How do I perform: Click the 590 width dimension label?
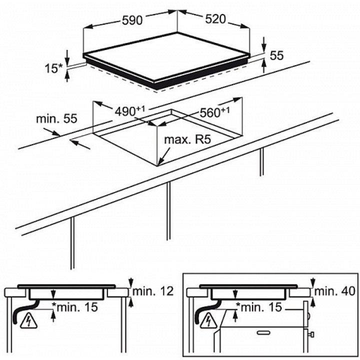coord(132,20)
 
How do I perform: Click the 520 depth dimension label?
coord(215,19)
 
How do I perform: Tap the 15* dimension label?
coord(53,68)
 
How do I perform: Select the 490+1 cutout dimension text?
coord(130,111)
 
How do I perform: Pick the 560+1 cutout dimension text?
coord(214,112)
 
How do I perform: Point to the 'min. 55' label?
coord(56,118)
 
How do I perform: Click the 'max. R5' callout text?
coord(187,139)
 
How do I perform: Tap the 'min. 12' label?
coord(153,291)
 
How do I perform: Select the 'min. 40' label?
coord(334,291)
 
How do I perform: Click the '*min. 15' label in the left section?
coord(75,307)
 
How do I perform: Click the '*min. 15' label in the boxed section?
coord(259,307)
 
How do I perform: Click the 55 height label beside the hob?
coord(277,56)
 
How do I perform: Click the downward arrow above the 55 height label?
coord(264,45)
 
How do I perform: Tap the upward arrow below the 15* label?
coord(67,76)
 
